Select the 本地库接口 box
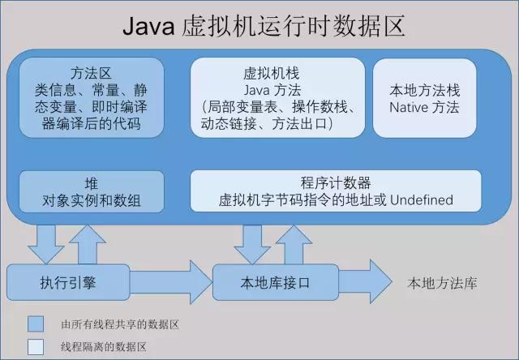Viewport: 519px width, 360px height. click(x=276, y=283)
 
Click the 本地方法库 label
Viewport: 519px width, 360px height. click(x=443, y=283)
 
